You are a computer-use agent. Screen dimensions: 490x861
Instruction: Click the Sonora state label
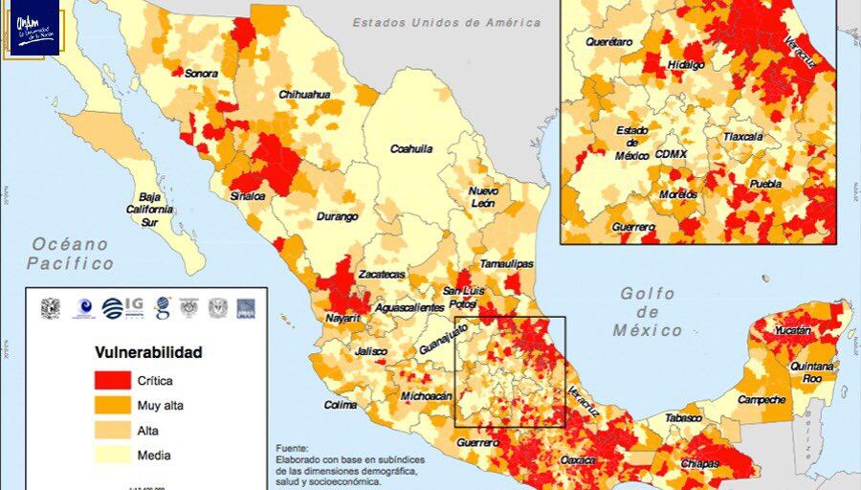tap(201, 73)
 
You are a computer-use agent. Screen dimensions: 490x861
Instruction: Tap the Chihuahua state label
tap(304, 95)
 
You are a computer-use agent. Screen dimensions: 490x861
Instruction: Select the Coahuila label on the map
tap(411, 148)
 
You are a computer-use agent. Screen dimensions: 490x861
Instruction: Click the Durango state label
tap(337, 216)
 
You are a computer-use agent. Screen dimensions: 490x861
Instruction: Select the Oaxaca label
tap(577, 460)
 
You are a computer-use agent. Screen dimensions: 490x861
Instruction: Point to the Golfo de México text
tap(648, 312)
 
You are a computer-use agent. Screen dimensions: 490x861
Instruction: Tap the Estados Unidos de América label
tap(446, 22)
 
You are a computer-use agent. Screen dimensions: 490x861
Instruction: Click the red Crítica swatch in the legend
tap(112, 380)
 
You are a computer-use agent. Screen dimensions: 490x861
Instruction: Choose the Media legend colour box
tap(112, 456)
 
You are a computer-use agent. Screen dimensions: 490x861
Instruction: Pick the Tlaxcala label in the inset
tap(743, 137)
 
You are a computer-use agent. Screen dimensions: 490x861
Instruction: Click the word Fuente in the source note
tap(292, 448)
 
